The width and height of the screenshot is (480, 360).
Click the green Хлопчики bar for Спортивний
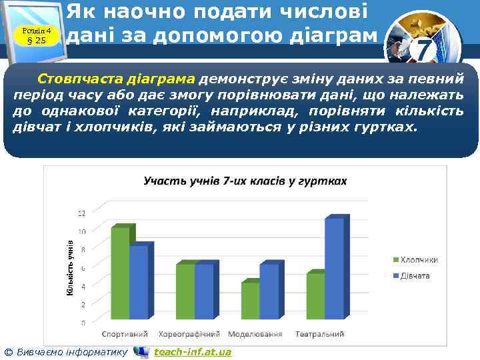click(120, 275)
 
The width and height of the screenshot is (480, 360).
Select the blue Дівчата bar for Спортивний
click(139, 283)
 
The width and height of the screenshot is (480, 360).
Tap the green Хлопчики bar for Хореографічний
click(185, 293)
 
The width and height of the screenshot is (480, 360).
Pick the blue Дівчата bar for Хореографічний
click(204, 293)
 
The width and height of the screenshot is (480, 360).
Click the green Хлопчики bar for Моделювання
click(250, 302)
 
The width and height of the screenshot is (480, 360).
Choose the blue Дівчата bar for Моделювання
click(269, 293)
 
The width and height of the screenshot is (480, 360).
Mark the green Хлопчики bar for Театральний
click(315, 297)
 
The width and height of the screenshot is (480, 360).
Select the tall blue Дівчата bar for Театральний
click(335, 270)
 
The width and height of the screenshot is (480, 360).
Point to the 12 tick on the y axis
click(81, 213)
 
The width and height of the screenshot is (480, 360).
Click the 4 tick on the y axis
click(83, 287)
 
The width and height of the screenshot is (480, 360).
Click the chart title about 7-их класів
click(245, 181)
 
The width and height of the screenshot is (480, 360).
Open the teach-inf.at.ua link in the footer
click(193, 351)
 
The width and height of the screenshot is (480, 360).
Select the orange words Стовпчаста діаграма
click(117, 76)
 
